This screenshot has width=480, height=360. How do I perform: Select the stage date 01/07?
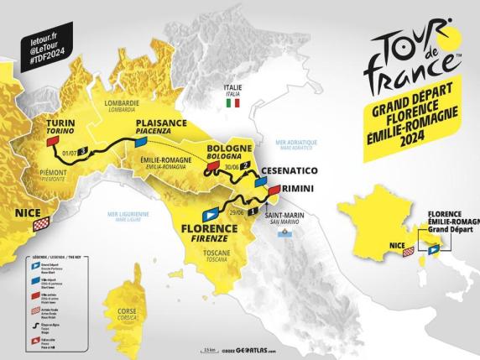click(x=71, y=153)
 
